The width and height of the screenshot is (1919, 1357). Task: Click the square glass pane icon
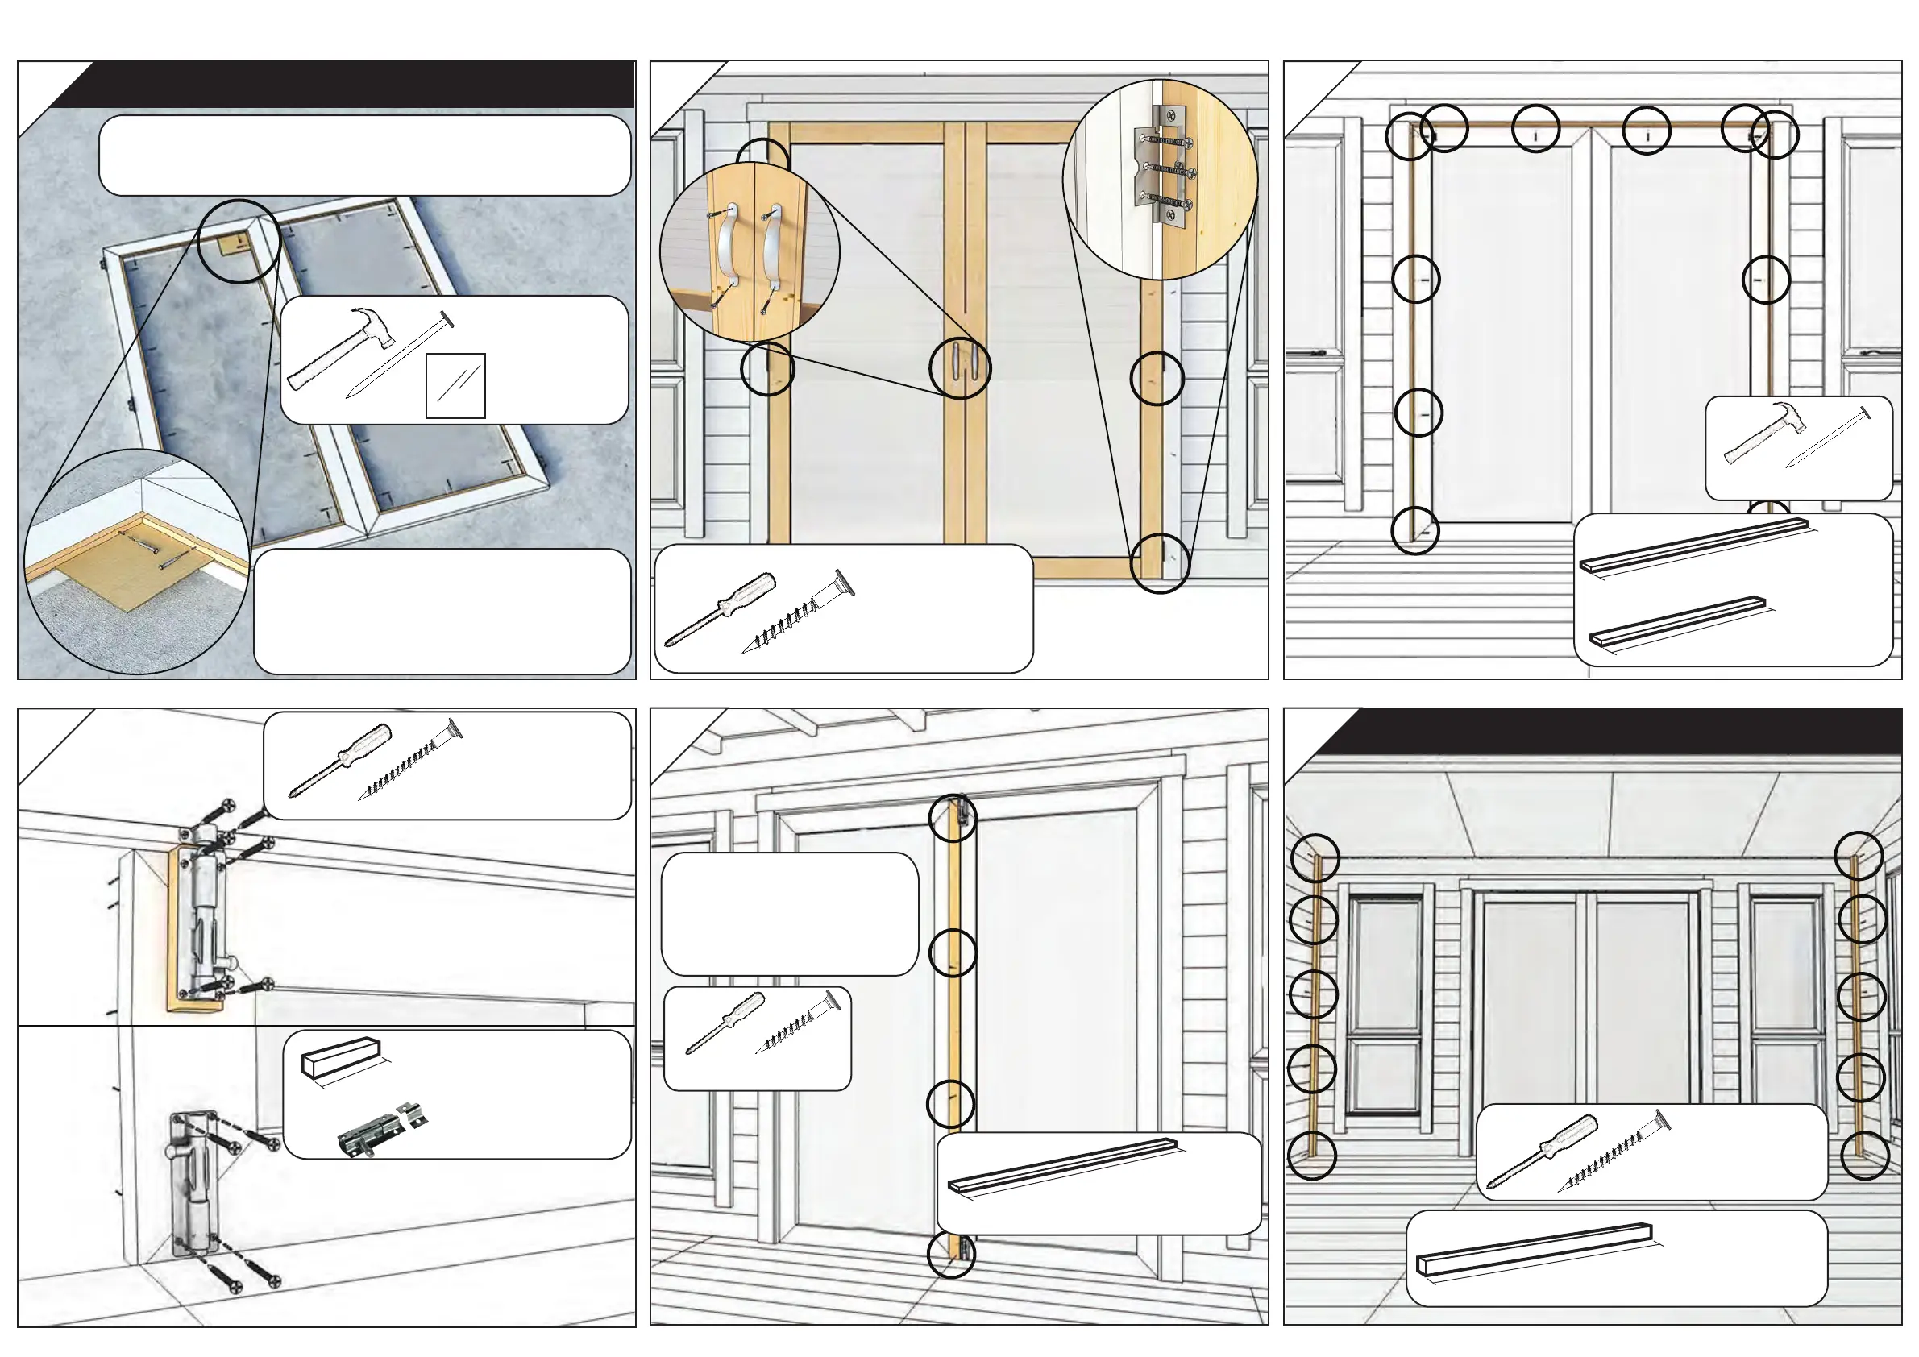click(x=455, y=386)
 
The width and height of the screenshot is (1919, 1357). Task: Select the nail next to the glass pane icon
click(x=400, y=355)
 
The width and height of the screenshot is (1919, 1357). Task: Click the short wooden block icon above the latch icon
click(x=339, y=1057)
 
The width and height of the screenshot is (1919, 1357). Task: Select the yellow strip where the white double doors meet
click(x=953, y=1027)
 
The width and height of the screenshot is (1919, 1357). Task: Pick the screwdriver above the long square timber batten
click(x=1542, y=1149)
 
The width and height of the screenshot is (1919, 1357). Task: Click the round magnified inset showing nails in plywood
click(x=136, y=562)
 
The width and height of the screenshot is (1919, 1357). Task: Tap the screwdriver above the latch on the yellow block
click(x=339, y=760)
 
